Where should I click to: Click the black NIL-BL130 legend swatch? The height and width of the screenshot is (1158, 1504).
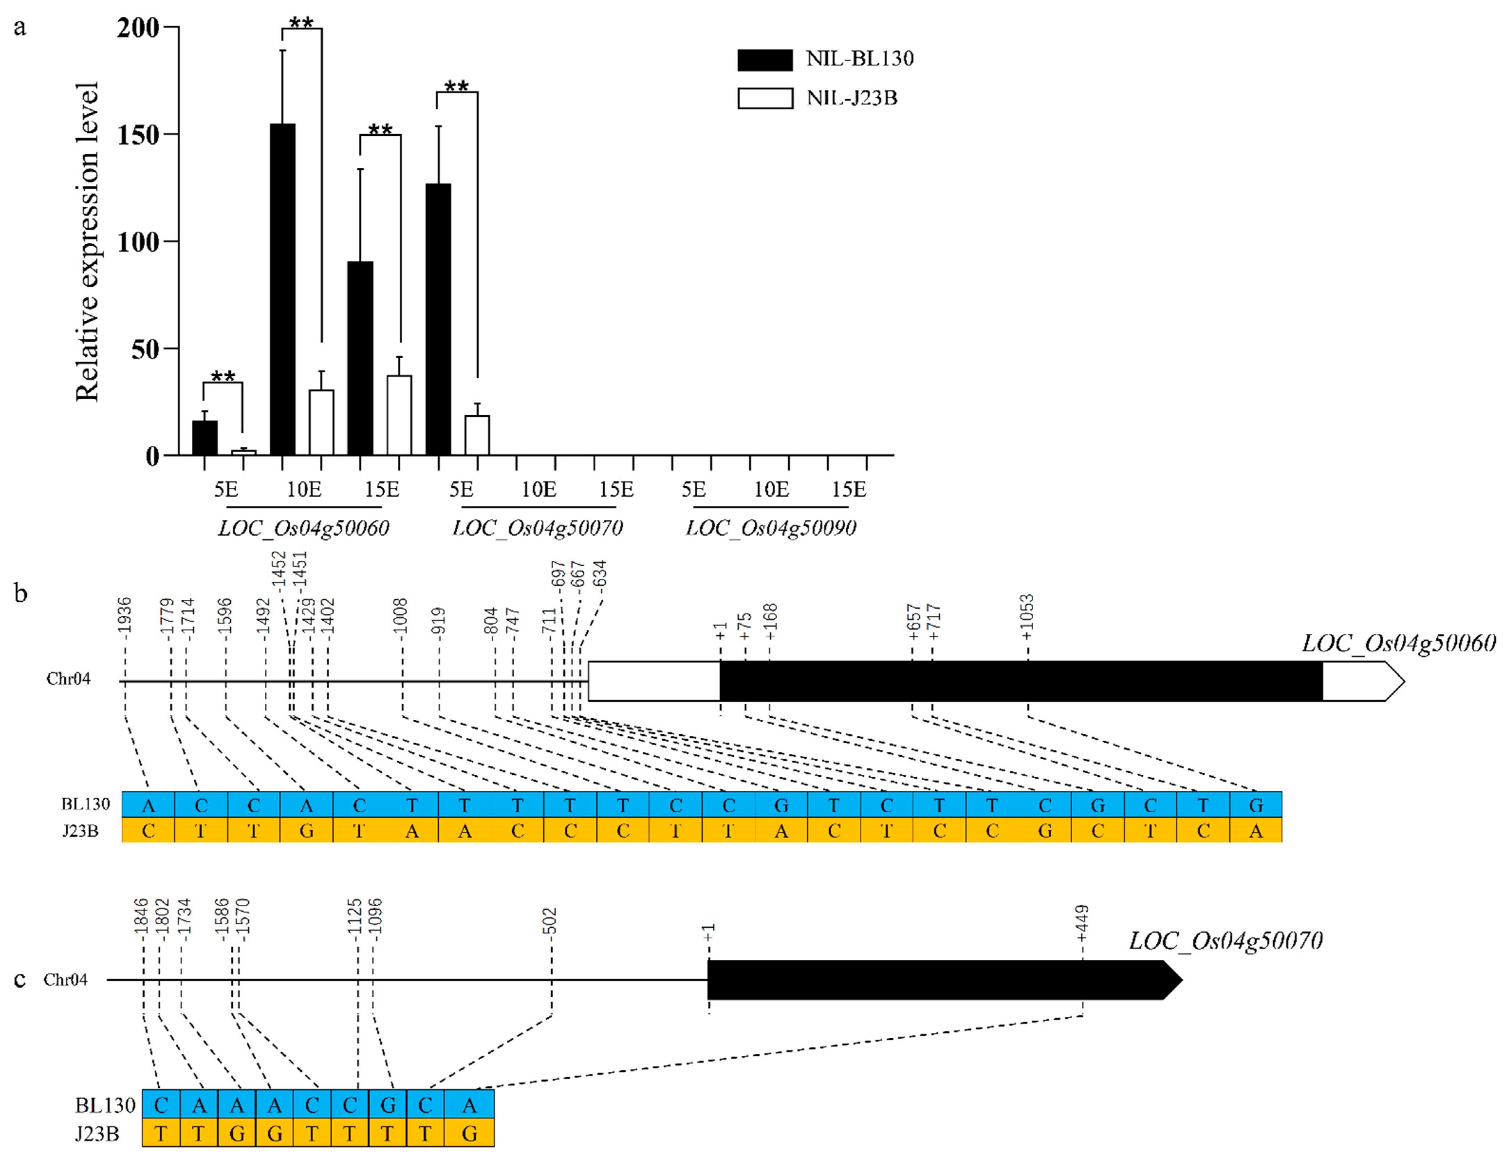tap(764, 60)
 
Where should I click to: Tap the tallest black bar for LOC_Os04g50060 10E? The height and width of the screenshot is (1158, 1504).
tap(283, 289)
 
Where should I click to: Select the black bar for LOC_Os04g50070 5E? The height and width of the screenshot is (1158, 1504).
tap(439, 319)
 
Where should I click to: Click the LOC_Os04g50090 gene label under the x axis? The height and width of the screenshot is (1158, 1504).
tap(771, 528)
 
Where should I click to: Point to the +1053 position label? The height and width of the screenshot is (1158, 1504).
tap(1027, 616)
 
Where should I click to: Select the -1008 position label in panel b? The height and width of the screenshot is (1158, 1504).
tap(401, 616)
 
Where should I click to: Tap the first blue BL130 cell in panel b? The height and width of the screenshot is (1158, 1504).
tap(148, 805)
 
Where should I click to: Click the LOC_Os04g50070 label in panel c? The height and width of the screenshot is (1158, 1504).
tap(1226, 941)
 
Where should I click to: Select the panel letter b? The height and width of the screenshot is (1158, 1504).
tap(21, 593)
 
